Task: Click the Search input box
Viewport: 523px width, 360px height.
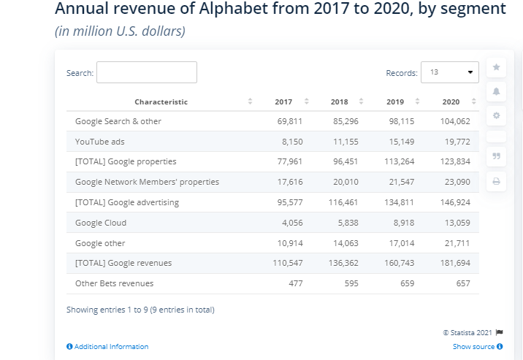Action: click(x=147, y=72)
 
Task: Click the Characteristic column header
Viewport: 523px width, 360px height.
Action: click(x=161, y=102)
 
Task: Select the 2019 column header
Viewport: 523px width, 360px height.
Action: click(x=395, y=102)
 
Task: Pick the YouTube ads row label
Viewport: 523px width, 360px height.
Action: click(x=99, y=141)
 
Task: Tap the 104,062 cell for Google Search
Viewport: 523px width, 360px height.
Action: click(x=455, y=120)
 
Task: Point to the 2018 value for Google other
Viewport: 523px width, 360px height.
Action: click(x=345, y=243)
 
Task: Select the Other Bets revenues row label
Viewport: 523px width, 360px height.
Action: click(x=114, y=283)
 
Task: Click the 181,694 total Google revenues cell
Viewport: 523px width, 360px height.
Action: click(x=455, y=262)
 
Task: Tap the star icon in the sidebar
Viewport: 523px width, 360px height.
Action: click(x=496, y=67)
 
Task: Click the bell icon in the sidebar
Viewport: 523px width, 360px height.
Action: click(x=496, y=91)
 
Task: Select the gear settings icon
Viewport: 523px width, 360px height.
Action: click(x=496, y=115)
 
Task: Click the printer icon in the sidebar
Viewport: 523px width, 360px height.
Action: click(x=496, y=180)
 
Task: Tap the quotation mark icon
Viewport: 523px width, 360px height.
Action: click(x=496, y=156)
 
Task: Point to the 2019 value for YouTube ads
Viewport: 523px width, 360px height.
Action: click(x=400, y=141)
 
